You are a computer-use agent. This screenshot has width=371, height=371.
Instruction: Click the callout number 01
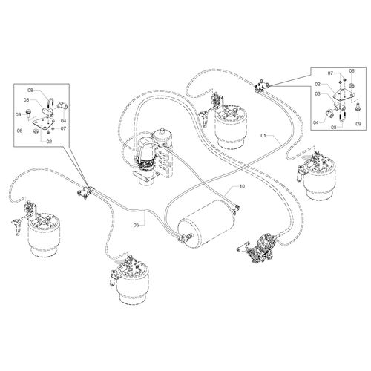264,135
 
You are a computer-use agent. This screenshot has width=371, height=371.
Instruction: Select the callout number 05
136,225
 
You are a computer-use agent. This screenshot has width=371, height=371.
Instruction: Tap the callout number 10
242,186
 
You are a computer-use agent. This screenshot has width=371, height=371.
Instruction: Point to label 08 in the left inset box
30,91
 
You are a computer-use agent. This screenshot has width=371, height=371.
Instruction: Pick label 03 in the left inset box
27,100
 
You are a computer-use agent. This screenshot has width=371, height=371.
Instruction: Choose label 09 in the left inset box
19,114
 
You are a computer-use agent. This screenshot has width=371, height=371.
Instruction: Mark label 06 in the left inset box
20,131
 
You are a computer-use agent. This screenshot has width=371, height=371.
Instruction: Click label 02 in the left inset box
49,142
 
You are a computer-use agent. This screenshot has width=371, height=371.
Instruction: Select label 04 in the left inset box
63,121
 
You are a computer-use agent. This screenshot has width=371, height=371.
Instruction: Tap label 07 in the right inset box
331,73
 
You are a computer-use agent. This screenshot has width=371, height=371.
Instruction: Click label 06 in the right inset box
352,71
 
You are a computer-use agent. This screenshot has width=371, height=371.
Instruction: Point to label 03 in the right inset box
318,94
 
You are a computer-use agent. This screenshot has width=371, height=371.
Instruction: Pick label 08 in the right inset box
335,128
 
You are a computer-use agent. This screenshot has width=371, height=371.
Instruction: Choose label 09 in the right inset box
358,123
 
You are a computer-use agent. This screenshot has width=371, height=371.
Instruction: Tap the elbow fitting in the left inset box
62,106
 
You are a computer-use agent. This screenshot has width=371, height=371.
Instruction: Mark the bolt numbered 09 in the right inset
356,108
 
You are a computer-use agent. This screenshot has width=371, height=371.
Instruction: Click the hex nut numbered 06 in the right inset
351,85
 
